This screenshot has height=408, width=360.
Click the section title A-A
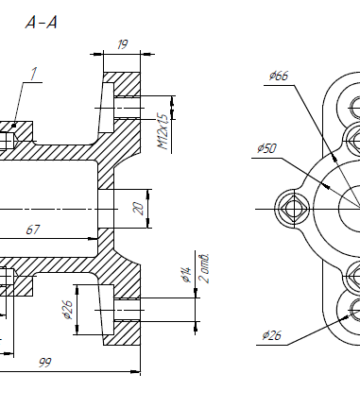coord(41,23)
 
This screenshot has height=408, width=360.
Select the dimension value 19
coord(122,44)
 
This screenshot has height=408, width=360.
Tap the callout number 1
coord(33,74)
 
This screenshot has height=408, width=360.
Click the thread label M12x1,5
coord(163,132)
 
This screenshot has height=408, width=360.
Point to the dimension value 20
coord(139,209)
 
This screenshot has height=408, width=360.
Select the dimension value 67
coord(33,229)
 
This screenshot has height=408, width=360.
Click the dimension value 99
coord(44,363)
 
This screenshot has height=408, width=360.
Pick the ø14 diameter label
coord(186,275)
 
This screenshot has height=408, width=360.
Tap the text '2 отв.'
coord(204,268)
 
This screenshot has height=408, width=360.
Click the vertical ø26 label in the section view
coord(68,310)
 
